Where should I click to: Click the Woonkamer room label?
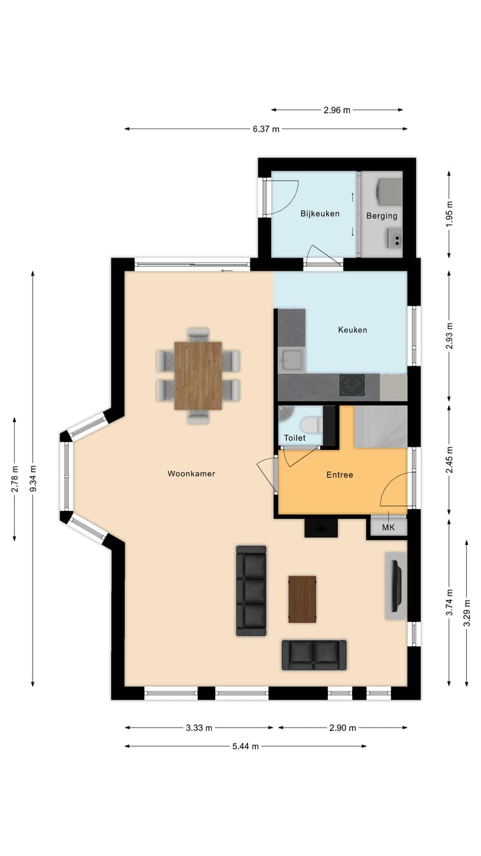coord(191,473)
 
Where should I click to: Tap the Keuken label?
coord(352,330)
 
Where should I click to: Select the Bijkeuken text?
coord(319,214)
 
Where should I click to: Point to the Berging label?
coord(381,216)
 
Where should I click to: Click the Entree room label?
coord(339,475)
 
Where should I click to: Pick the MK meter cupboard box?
coord(388,528)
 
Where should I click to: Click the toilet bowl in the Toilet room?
coord(309,425)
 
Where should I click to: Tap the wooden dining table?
coord(198,375)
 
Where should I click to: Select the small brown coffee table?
coord(302,599)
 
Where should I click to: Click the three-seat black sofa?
coord(251,591)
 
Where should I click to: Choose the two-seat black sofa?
coord(314,655)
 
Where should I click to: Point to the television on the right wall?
coord(396,586)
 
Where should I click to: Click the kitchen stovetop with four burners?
coord(352,385)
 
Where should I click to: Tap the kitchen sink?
coord(291,360)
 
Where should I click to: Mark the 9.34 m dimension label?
coord(33,479)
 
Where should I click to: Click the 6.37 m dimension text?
coord(266,129)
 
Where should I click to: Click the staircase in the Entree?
coord(380,427)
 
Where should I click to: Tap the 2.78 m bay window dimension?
coord(14,479)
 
